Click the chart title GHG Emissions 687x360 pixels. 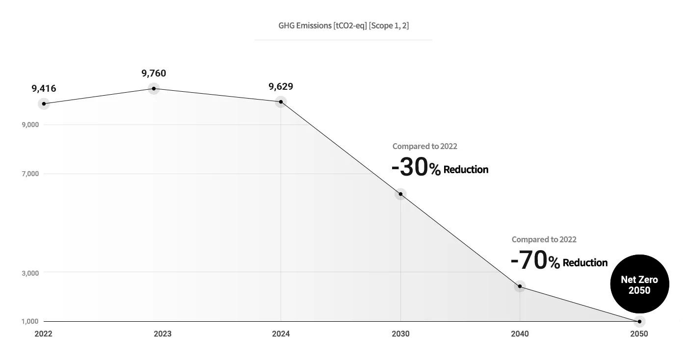[x=343, y=26]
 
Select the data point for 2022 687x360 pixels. [x=44, y=104]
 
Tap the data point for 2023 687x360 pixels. [x=154, y=89]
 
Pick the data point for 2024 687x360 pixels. [x=281, y=102]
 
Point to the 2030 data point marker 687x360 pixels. [x=400, y=194]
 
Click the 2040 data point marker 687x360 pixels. [x=520, y=286]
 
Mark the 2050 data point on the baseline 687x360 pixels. [x=639, y=322]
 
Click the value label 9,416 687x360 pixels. [x=44, y=89]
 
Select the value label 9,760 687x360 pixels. [x=154, y=73]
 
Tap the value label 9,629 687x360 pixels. [x=281, y=86]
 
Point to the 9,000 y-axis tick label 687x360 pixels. [x=30, y=125]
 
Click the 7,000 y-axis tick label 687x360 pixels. [x=30, y=174]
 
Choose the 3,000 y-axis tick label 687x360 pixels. [x=30, y=273]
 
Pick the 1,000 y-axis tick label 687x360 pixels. [x=30, y=321]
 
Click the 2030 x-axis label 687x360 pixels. [x=400, y=334]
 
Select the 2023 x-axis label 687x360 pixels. [x=162, y=334]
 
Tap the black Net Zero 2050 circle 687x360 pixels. [x=640, y=284]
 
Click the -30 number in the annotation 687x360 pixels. [x=410, y=167]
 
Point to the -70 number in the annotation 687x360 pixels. [x=529, y=260]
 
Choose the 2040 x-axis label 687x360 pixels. [x=520, y=334]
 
